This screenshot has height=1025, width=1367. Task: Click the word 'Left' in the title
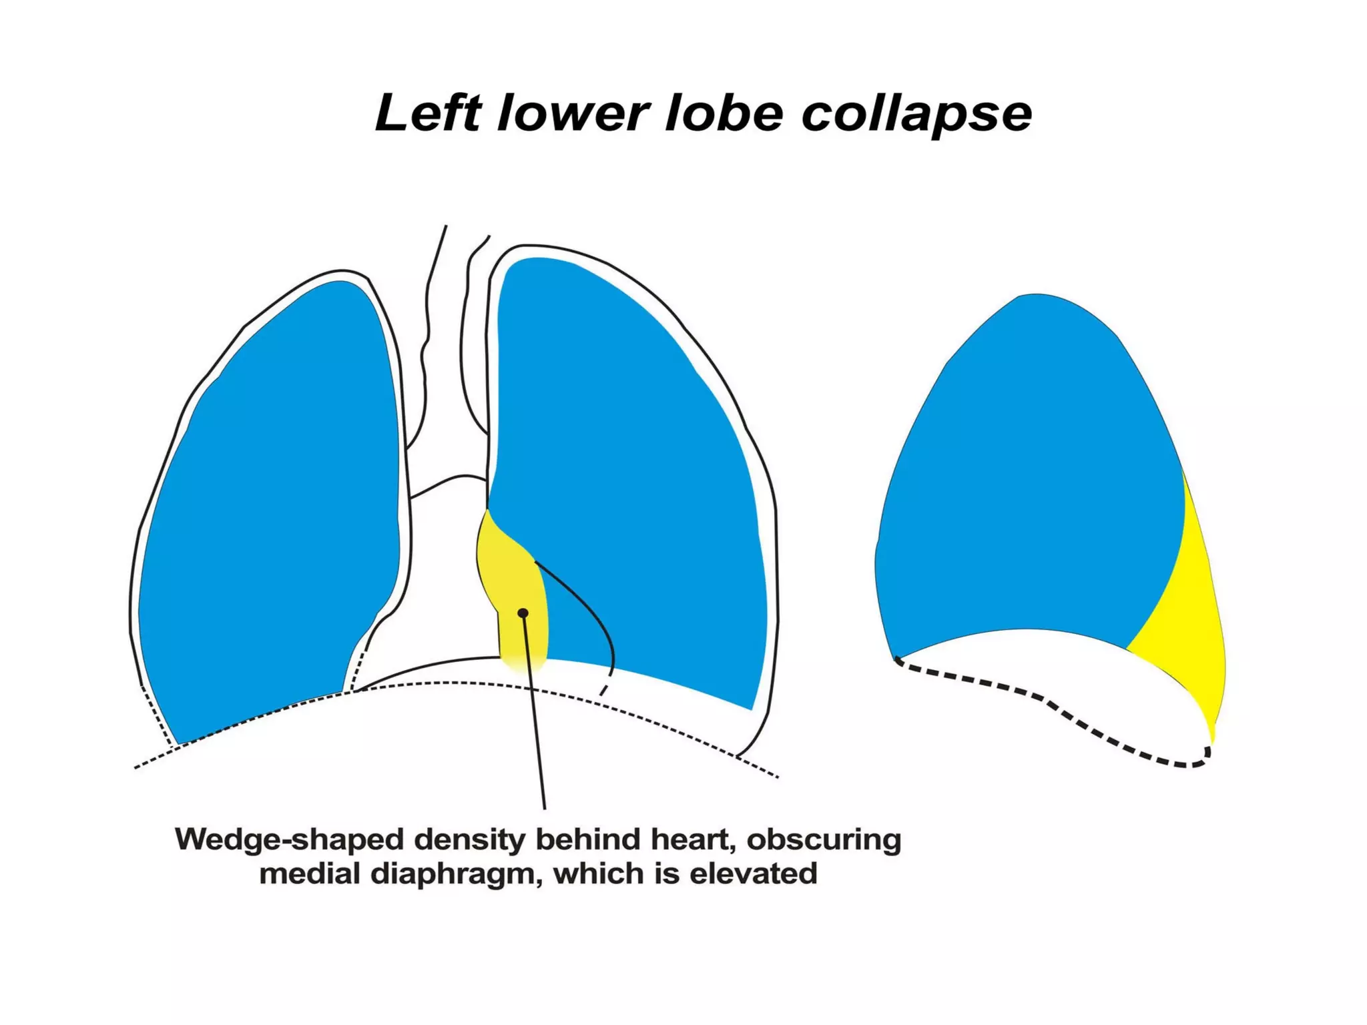coord(428,113)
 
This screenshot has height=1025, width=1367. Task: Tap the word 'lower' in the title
coord(573,113)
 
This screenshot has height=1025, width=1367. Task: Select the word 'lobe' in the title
coord(724,113)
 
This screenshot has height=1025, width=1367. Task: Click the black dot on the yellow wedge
coord(523,613)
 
